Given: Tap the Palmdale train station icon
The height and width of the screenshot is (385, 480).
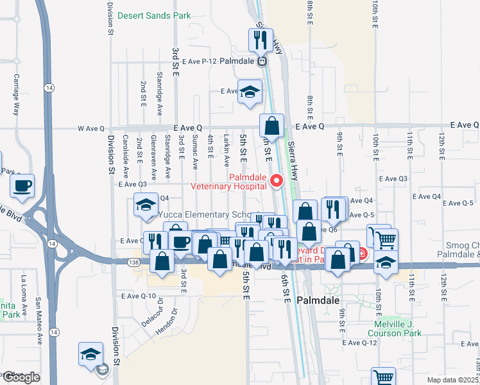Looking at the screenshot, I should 262,62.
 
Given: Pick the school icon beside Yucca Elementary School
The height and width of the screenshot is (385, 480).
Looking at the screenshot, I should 146,205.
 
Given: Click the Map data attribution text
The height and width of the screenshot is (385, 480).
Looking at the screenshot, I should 452,380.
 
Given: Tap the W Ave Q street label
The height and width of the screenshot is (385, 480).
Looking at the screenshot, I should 91,128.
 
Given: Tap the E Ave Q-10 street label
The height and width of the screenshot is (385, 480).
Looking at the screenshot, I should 139,296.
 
